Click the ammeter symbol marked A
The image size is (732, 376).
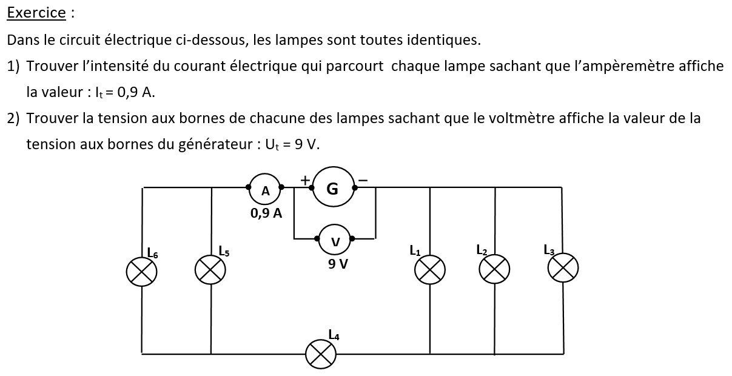[x=265, y=190]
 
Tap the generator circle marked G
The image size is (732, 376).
[x=332, y=189]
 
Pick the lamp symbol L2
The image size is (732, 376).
[x=495, y=269]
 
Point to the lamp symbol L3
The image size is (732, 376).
[x=563, y=267]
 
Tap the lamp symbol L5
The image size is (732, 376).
[x=210, y=270]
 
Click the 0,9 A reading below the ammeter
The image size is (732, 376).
[x=266, y=213]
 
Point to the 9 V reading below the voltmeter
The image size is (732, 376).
[x=338, y=264]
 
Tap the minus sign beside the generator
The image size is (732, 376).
[x=363, y=180]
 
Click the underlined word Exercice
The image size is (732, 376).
[x=36, y=12]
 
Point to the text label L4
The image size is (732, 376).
[x=334, y=334]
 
